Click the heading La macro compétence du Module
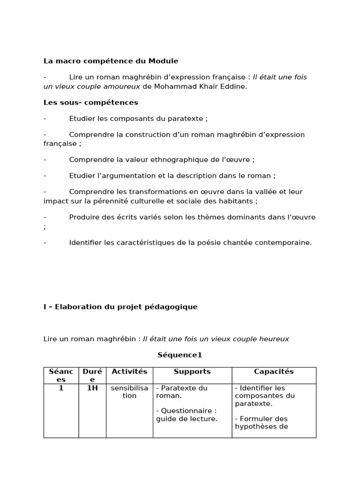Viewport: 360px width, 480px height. [x=111, y=61]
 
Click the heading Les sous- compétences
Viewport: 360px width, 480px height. [x=90, y=102]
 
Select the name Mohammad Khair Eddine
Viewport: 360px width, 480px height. [x=200, y=86]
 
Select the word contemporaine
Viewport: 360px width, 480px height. [x=285, y=242]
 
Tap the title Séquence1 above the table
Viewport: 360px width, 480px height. [x=180, y=355]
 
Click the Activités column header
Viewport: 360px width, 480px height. [x=129, y=371]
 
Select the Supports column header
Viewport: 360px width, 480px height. [x=192, y=371]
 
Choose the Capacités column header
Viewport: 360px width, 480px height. [x=274, y=371]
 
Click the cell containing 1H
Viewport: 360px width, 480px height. [x=92, y=388]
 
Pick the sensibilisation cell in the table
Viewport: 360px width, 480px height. [x=129, y=392]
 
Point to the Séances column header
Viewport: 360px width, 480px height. [x=61, y=375]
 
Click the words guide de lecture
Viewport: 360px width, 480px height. [x=187, y=419]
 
